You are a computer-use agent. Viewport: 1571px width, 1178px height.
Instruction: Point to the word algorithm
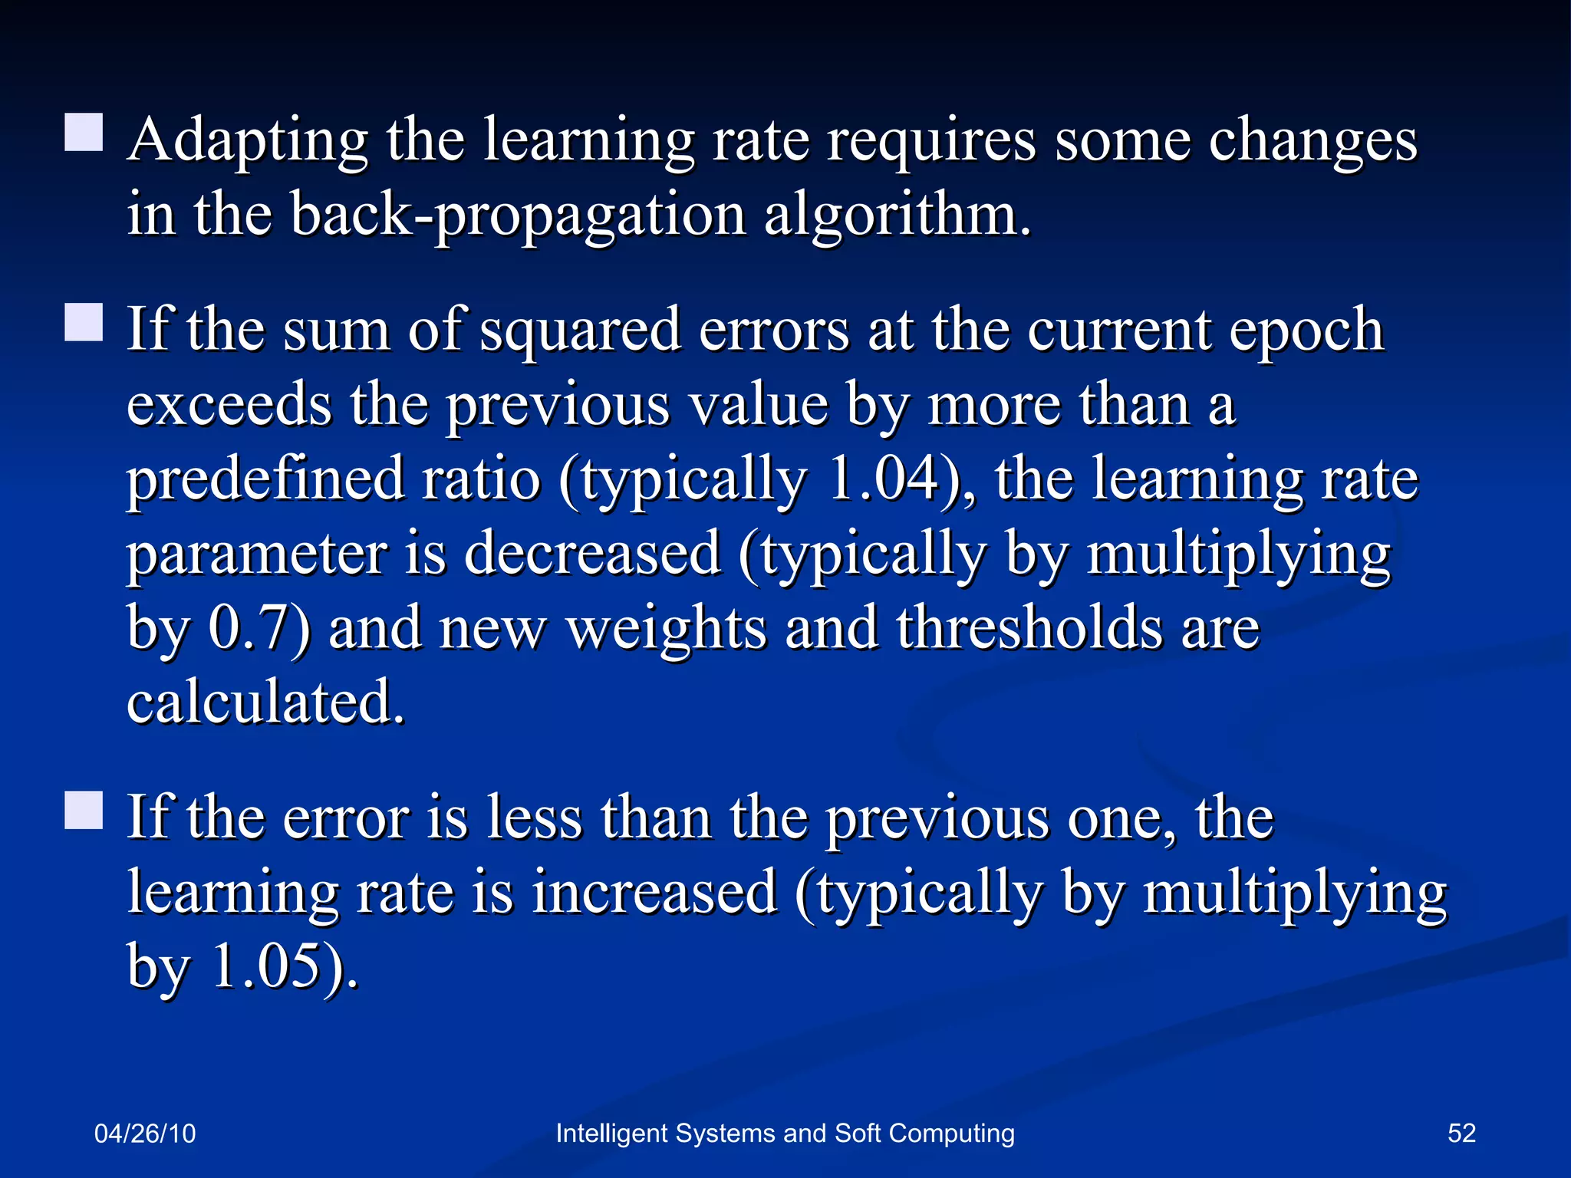897,216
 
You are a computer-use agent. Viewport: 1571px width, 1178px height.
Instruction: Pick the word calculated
265,702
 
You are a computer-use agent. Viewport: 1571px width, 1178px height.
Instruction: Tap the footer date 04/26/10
145,1134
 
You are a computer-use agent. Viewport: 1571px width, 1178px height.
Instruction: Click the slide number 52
1461,1134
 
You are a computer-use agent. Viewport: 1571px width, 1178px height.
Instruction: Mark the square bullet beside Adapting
84,133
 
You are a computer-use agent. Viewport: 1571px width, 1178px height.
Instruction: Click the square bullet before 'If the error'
84,811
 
